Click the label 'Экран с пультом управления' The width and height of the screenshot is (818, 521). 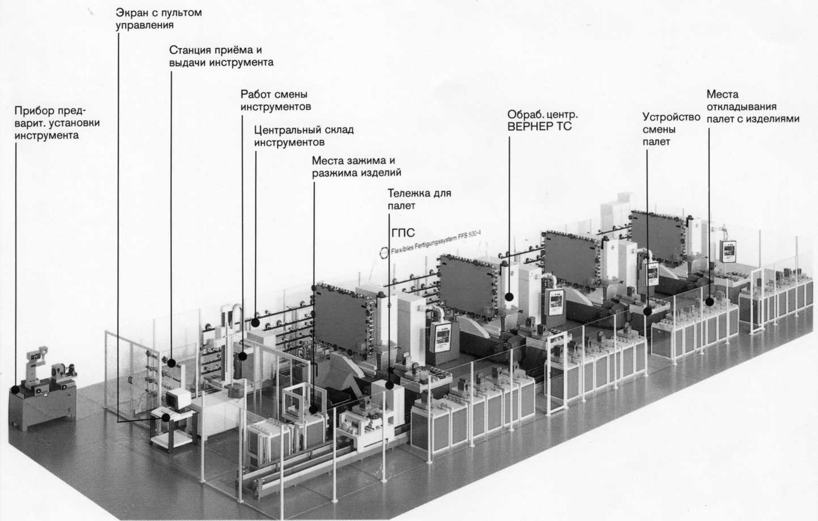tap(159, 19)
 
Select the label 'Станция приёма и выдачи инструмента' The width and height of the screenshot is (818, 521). tap(221, 56)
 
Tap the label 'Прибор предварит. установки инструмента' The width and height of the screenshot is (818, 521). tap(57, 123)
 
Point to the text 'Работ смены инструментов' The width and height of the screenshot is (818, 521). tap(276, 100)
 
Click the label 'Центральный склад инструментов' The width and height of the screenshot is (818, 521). tap(304, 136)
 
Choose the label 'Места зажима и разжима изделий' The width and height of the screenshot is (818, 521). tap(357, 166)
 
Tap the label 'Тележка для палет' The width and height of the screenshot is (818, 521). tap(419, 199)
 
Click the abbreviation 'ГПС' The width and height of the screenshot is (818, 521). tap(403, 233)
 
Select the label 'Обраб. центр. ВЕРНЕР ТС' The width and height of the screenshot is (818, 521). tap(542, 121)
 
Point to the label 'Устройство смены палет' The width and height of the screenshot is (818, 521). tap(671, 129)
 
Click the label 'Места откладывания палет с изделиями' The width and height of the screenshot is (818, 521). tap(753, 106)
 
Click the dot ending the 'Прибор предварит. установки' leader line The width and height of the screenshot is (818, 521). tap(15, 390)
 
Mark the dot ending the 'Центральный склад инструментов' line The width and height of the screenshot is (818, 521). tap(255, 323)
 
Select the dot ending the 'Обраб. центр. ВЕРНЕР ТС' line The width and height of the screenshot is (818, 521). tap(510, 297)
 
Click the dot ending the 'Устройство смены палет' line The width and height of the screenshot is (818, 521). tap(647, 311)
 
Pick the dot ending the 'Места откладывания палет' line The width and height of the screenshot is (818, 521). tap(709, 302)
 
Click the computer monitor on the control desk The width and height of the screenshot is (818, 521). tap(179, 399)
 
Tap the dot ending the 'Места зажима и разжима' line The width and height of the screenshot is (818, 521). tap(313, 409)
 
